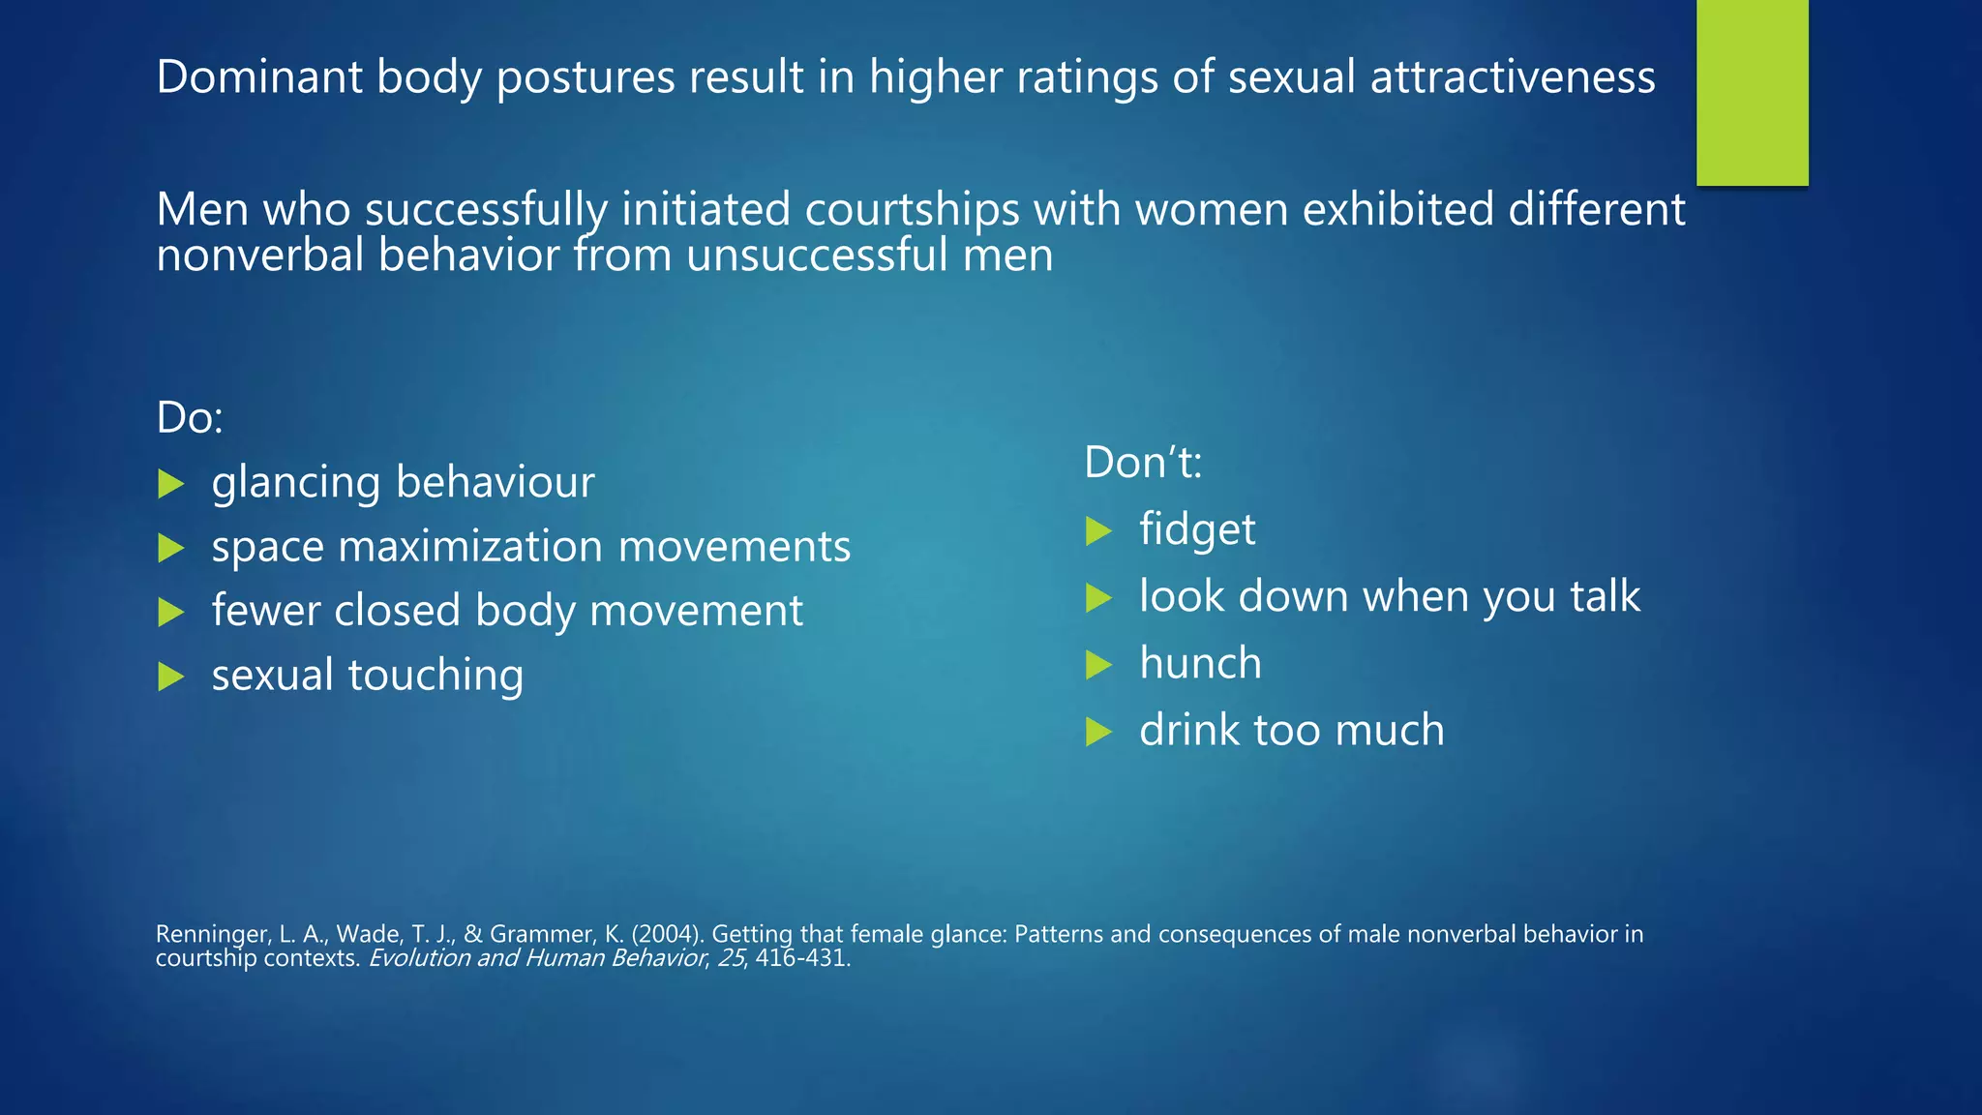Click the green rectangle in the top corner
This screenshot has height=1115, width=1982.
1752,92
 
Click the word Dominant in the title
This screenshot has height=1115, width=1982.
258,76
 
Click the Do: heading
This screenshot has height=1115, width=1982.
190,417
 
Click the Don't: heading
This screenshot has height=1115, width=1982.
1143,462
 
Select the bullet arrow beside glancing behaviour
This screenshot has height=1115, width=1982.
171,483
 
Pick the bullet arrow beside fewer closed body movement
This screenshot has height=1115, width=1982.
171,612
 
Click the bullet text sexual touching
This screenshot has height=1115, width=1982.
368,675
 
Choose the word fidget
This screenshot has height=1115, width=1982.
1197,529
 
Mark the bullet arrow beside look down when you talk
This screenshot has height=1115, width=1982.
1098,597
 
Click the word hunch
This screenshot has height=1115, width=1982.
1200,663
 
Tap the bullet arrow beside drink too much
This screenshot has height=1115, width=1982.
1098,731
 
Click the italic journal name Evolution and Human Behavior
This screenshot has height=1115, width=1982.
538,958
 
